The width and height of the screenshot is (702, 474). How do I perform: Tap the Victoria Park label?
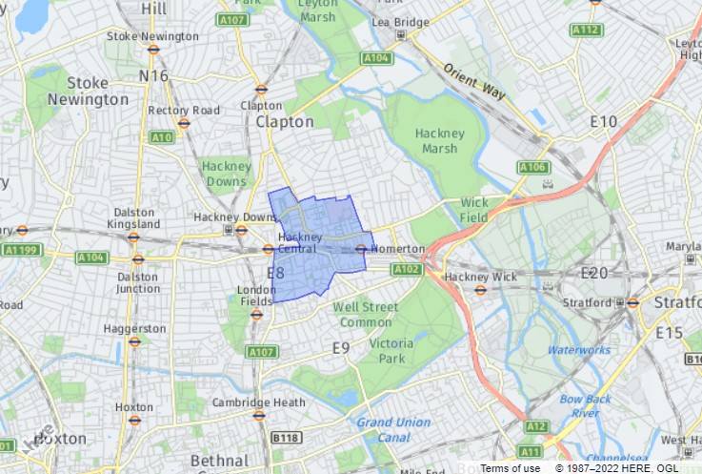click(391, 349)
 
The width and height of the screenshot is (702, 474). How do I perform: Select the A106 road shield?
click(533, 168)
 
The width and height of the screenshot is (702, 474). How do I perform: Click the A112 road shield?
click(586, 31)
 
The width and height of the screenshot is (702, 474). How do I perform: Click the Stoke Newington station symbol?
click(153, 49)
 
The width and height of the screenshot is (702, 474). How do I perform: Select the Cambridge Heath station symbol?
click(259, 416)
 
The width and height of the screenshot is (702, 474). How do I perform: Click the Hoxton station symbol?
click(134, 421)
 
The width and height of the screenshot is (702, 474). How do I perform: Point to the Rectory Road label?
click(184, 110)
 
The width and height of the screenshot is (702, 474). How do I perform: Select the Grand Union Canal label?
click(393, 428)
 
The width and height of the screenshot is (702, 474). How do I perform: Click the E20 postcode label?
click(594, 274)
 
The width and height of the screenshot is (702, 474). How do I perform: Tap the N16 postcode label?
click(152, 75)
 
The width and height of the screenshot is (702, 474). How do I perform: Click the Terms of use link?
click(511, 467)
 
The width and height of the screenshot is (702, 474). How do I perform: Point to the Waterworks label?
click(579, 350)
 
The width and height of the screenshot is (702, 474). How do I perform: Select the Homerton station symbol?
click(361, 249)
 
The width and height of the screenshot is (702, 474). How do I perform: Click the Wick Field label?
click(474, 210)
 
